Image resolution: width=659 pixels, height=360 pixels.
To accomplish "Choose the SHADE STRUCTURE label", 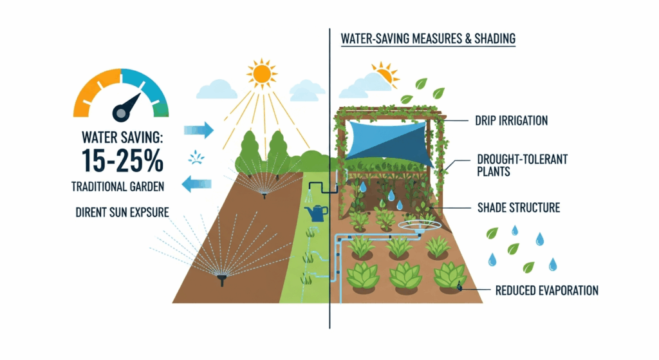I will [519, 207].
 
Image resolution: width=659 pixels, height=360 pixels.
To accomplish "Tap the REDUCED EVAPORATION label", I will [546, 290].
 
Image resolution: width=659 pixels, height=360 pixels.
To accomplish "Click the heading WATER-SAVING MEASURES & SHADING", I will [427, 39].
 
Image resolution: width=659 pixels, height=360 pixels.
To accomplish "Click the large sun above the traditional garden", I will [263, 73].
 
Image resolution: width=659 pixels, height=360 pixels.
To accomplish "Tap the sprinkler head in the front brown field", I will [222, 279].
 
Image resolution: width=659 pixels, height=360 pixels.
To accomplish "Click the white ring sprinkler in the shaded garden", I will [414, 227].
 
